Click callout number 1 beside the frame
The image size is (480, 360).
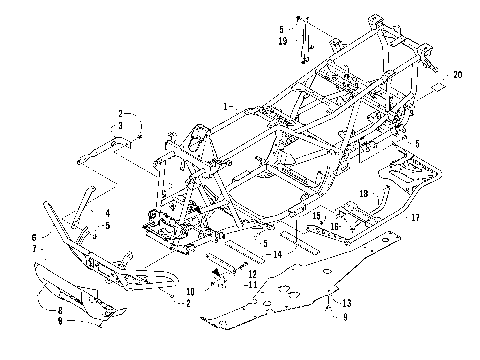tap(228, 105)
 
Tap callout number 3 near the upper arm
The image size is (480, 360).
tap(120, 125)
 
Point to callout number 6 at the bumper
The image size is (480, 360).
tap(34, 236)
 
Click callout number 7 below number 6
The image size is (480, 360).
tap(34, 247)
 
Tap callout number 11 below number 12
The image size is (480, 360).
tap(252, 284)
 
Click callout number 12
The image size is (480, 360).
tap(252, 273)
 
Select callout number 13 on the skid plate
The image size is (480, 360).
tap(347, 302)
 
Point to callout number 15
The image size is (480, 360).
tap(315, 214)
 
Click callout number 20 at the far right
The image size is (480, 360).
tap(458, 75)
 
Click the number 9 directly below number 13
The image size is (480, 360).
tap(347, 317)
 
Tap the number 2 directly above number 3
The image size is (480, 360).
tap(120, 113)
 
